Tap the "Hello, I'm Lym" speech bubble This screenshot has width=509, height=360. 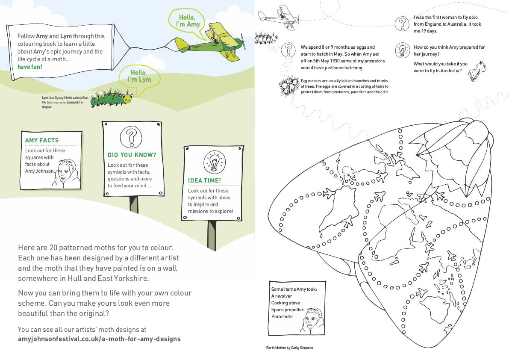pyautogui.click(x=141, y=76)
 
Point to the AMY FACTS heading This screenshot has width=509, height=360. pyautogui.click(x=42, y=140)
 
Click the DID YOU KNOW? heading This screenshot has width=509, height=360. pyautogui.click(x=132, y=155)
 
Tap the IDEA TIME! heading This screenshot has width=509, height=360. pyautogui.click(x=204, y=180)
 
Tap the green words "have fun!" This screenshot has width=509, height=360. pyautogui.click(x=30, y=67)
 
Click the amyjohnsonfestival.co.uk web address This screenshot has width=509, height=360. pyautogui.click(x=99, y=339)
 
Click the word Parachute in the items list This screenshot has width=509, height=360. pyautogui.click(x=282, y=316)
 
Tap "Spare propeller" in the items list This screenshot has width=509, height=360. pyautogui.click(x=287, y=310)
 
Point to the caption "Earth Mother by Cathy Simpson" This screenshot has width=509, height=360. pyautogui.click(x=289, y=348)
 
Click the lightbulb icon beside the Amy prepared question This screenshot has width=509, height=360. pyautogui.click(x=402, y=50)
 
